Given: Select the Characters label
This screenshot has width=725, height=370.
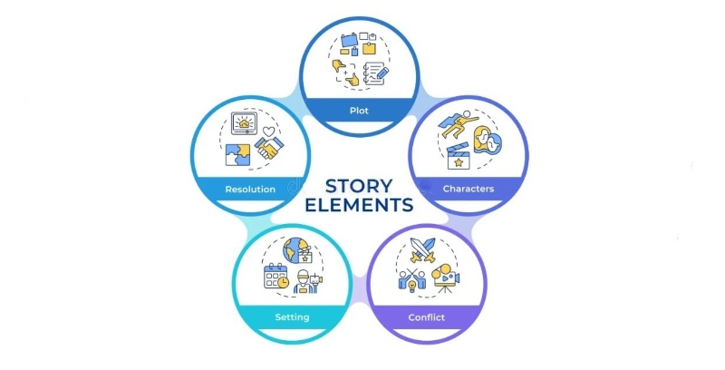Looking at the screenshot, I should tap(468, 190).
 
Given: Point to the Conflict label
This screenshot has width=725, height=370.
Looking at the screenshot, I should tap(427, 316).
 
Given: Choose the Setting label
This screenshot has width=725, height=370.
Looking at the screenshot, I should tap(292, 316).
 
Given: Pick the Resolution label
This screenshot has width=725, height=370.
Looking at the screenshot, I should tap(250, 190).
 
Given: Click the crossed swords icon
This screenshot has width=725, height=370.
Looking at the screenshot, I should tap(426, 248).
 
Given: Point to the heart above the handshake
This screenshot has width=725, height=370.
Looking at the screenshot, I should tap(267, 131).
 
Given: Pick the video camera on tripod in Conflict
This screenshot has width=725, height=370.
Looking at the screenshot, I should tap(447, 278).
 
